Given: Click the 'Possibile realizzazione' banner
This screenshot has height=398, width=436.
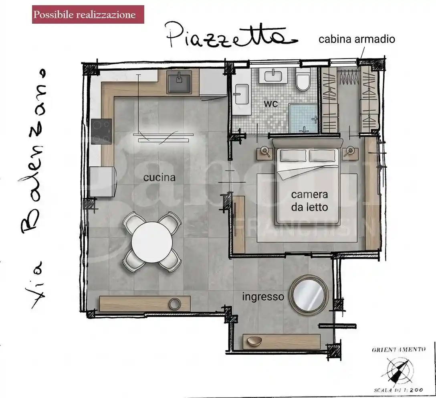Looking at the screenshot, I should pyautogui.click(x=88, y=15).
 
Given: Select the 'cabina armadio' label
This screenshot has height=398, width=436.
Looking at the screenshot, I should pyautogui.click(x=357, y=39).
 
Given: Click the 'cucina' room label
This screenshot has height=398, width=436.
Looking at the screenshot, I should pyautogui.click(x=159, y=177).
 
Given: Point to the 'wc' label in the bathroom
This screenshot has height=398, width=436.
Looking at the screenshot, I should pyautogui.click(x=270, y=103).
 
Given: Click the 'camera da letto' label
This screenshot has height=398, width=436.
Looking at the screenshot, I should pyautogui.click(x=309, y=201).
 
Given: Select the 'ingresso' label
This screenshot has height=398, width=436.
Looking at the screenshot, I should pyautogui.click(x=263, y=297).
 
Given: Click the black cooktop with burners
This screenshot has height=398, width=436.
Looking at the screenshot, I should pyautogui.click(x=101, y=132).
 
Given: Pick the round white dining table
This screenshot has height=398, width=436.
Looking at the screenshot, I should pyautogui.click(x=152, y=243).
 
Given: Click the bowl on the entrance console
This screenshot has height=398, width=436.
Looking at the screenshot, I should pyautogui.click(x=254, y=341).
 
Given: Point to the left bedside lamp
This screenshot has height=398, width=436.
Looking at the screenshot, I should pyautogui.click(x=265, y=151).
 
